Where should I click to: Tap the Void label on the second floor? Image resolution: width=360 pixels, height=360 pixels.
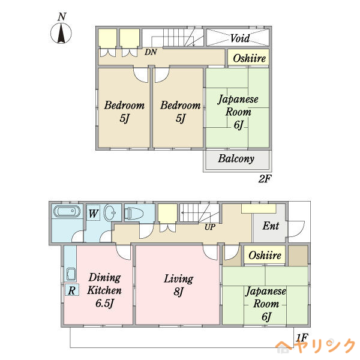click(x=240, y=38)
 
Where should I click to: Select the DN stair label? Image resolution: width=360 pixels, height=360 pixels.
click(x=151, y=52)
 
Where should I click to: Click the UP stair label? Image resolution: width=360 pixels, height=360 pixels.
click(x=210, y=227)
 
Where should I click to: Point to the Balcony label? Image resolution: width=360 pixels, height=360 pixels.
click(x=236, y=158)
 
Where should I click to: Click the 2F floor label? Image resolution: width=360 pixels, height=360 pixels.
click(x=265, y=179)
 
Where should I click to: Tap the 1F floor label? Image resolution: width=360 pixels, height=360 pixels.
click(x=302, y=338)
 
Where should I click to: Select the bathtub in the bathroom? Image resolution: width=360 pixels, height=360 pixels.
click(x=67, y=211)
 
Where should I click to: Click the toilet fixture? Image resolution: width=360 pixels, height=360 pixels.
click(x=134, y=213)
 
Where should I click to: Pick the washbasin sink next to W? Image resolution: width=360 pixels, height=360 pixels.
click(x=110, y=213)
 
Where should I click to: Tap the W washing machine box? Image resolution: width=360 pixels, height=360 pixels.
click(x=93, y=214)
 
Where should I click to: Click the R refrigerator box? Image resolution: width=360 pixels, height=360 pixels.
click(x=72, y=290)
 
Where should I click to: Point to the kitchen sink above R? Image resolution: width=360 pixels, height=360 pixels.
click(x=71, y=275)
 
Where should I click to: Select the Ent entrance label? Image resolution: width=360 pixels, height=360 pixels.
click(x=271, y=226)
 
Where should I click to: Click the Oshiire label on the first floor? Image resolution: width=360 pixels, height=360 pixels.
click(x=265, y=256)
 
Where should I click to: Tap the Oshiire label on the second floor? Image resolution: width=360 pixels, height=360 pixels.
click(x=250, y=58)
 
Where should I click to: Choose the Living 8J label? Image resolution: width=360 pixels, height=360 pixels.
click(x=179, y=285)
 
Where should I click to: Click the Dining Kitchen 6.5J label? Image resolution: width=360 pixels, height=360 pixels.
click(x=104, y=290)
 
